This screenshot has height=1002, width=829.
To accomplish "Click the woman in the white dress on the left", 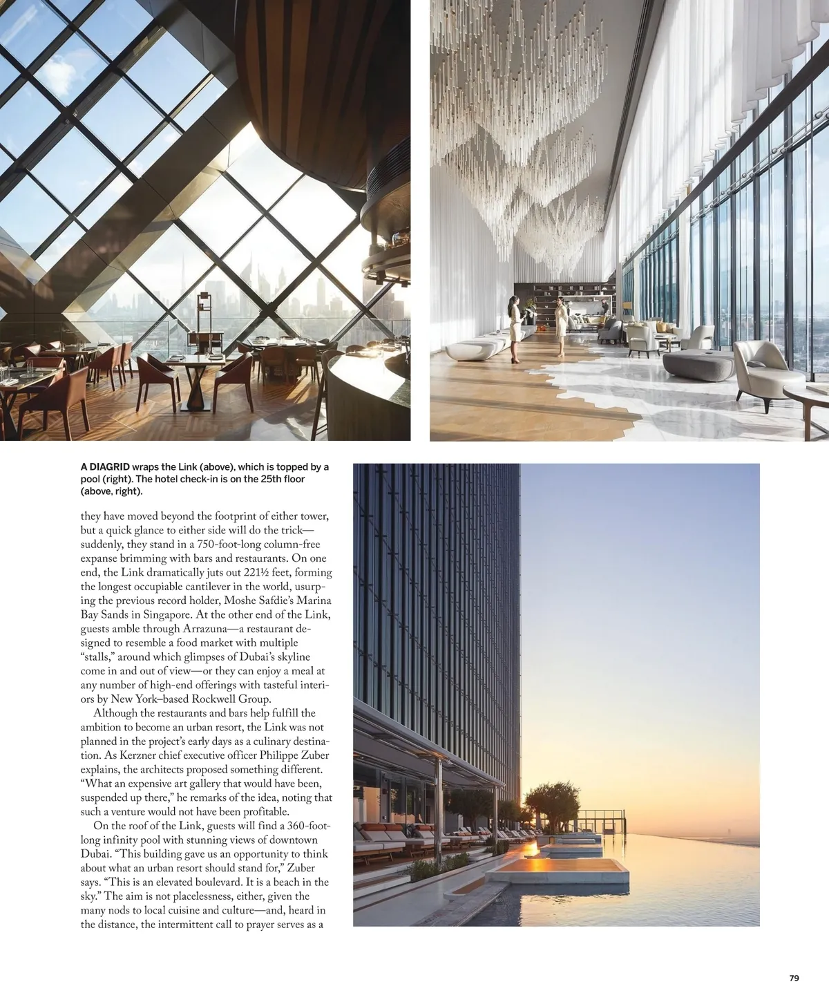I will click(515, 328).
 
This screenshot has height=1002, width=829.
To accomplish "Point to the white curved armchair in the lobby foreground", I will click(760, 367).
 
